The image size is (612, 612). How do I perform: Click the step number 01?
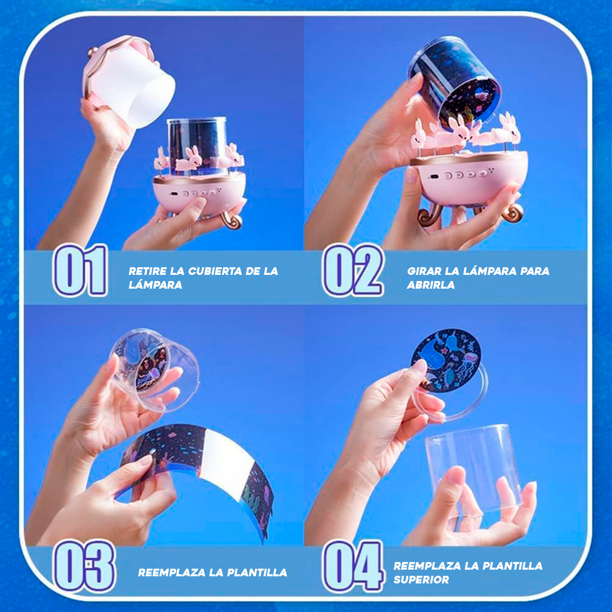81,270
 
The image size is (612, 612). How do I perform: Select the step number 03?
85,566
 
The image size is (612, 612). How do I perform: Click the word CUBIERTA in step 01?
214,271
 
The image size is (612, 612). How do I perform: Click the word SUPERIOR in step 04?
421,580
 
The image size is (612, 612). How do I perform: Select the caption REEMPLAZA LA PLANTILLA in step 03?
212,573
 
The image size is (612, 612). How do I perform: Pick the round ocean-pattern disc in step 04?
447,360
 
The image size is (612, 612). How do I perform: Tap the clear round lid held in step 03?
153,367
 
